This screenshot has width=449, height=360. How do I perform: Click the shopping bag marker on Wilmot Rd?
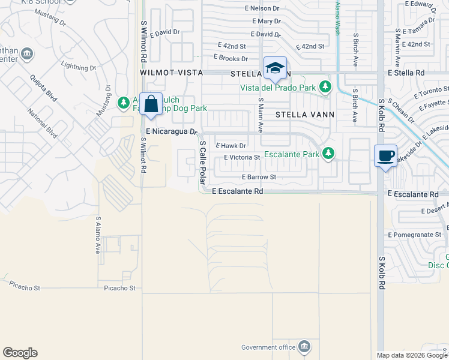click(x=151, y=104)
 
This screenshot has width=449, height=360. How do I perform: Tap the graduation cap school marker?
click(x=275, y=68)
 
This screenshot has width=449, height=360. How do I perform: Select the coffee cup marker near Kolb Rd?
click(x=385, y=156)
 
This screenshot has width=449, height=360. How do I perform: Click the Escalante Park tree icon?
click(x=328, y=154)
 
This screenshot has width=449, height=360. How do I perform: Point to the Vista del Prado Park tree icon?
click(x=325, y=88)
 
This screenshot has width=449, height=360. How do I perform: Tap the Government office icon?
click(x=305, y=347)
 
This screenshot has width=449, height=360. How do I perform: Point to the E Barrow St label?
click(x=259, y=178)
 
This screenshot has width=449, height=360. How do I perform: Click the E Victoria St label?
click(x=242, y=158)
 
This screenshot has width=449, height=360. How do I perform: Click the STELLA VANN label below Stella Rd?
click(x=304, y=113)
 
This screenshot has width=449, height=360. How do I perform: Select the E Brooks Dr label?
click(x=231, y=59)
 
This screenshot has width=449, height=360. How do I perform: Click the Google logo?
click(x=20, y=353)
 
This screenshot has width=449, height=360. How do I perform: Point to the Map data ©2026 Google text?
click(x=411, y=355)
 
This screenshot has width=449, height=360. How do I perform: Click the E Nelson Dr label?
click(x=262, y=8)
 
